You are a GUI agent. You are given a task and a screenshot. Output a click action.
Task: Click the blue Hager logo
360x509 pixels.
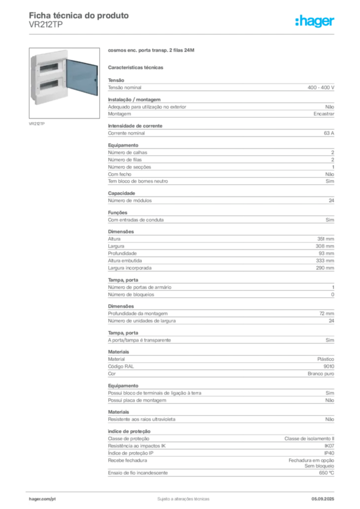(x=315, y=21)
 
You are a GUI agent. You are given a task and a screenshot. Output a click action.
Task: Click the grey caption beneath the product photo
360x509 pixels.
(x=38, y=123)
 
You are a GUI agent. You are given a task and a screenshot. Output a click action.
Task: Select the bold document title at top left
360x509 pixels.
(x=80, y=16)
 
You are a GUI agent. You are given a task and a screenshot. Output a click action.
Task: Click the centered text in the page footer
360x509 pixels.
(x=182, y=496)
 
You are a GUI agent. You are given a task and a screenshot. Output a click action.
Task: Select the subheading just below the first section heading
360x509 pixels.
(x=137, y=67)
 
